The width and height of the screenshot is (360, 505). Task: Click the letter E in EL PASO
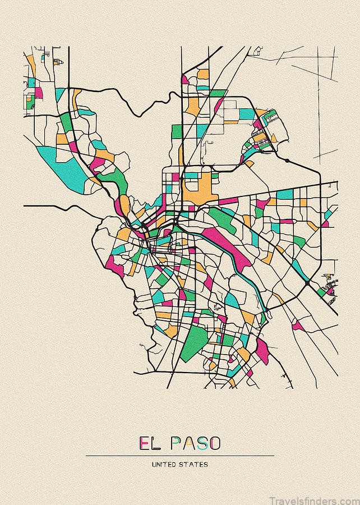tap(145, 444)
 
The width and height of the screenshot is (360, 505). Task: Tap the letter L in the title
tap(159, 444)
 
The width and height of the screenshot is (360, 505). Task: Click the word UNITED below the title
tap(164, 465)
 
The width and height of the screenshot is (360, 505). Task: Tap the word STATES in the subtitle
tap(195, 465)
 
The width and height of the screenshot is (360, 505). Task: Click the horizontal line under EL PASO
tap(179, 456)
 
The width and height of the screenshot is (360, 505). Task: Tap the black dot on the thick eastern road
tap(287, 161)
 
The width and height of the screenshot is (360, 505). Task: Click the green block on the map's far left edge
tap(31, 82)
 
